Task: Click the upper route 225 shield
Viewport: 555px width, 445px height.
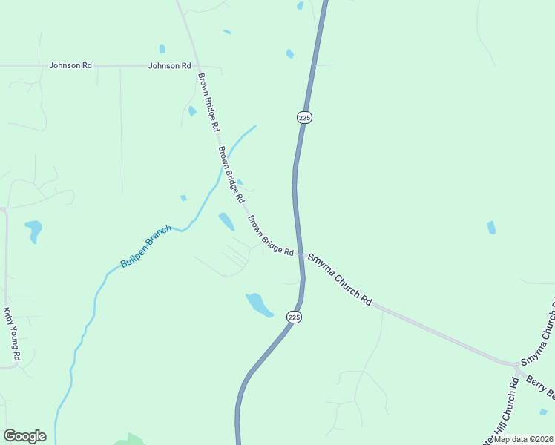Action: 304,117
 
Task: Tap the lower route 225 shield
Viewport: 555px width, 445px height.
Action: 295,317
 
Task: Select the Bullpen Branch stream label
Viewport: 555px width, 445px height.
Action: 146,246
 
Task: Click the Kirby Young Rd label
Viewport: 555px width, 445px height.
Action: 12,334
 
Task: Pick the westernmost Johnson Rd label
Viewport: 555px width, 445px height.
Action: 70,65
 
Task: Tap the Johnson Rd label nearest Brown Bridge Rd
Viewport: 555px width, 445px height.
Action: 170,66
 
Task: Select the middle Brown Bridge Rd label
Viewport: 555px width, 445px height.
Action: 231,175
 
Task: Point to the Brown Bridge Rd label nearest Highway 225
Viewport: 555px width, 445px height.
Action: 271,236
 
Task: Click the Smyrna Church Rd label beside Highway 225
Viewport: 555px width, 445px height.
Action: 339,279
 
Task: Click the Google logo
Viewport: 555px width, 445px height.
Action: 24,436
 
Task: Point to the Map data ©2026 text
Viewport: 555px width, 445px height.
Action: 522,439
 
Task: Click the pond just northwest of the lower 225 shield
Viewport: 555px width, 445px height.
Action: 259,304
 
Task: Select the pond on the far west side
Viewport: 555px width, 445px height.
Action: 33,229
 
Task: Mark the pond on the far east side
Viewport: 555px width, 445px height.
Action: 491,228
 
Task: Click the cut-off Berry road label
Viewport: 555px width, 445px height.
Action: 541,385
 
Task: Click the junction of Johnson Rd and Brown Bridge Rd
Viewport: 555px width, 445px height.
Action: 197,66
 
